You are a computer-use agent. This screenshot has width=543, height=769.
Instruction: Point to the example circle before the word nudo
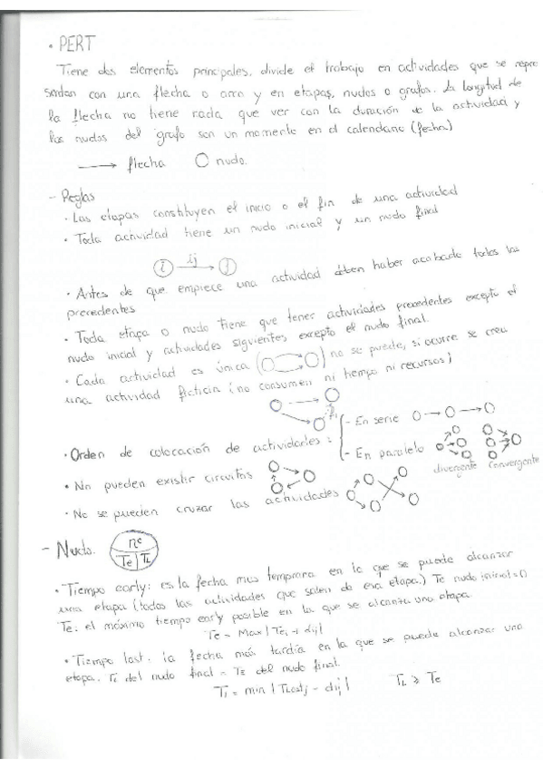coord(201,162)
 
